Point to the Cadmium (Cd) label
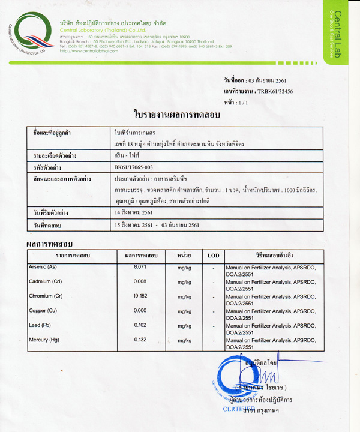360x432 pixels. [45, 281]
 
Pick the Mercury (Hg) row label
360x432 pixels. [44, 340]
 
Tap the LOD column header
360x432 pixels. [213, 256]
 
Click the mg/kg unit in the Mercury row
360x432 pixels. [184, 341]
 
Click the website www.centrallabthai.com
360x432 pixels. [88, 51]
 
